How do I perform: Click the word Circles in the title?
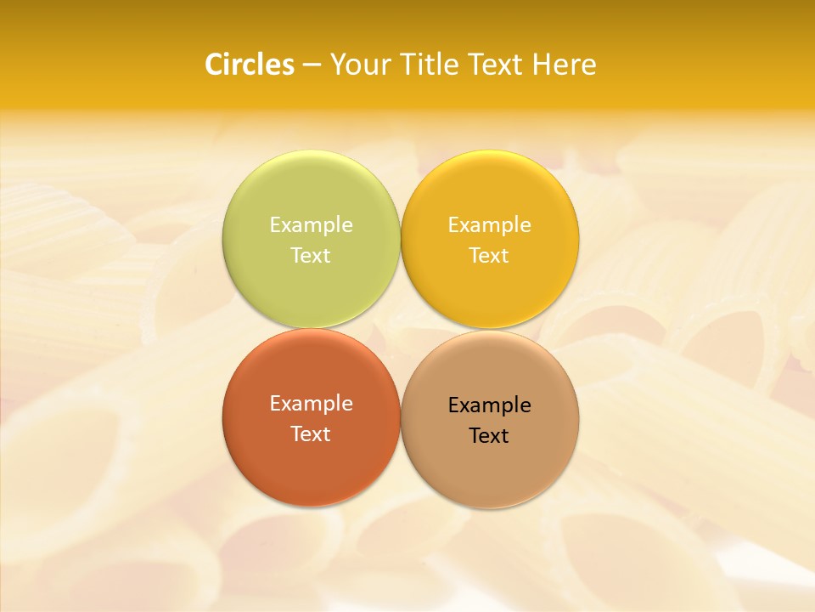(250, 65)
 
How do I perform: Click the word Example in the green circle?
(311, 224)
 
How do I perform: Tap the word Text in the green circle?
(311, 255)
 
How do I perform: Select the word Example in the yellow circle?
(490, 224)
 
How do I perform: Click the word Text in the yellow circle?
(490, 255)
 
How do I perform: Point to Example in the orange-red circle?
(311, 403)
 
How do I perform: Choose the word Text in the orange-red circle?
(311, 433)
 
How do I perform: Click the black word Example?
(490, 405)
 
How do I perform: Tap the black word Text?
(490, 435)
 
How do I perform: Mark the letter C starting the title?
(214, 65)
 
